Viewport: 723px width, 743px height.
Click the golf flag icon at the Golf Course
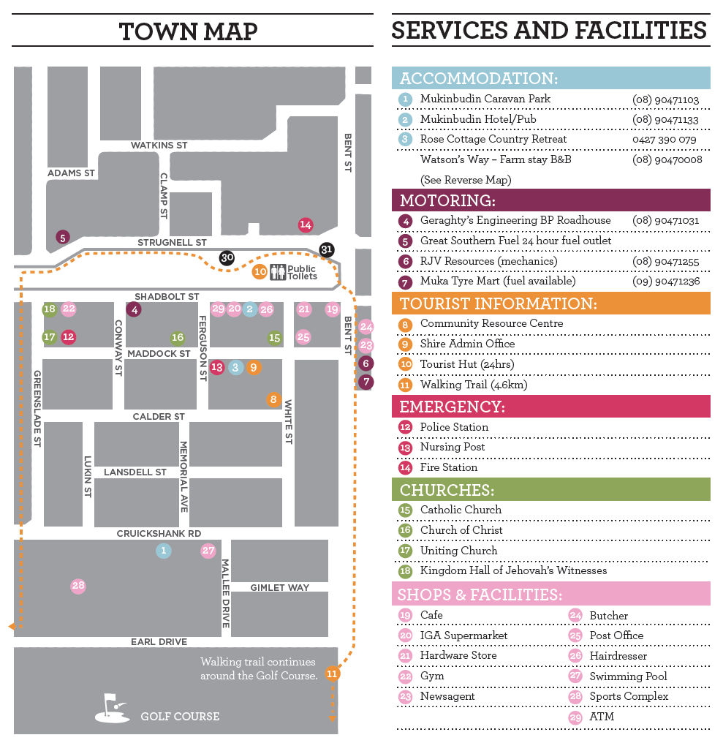112,708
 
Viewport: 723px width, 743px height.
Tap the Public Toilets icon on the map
278,272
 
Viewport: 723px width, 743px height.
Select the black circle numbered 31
327,249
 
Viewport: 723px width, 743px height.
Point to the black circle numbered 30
227,257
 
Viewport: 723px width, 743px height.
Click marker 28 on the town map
78,586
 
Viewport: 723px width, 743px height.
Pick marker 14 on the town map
306,225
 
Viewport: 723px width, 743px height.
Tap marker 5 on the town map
63,237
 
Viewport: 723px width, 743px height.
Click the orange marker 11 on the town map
333,674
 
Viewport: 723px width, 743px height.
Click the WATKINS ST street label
159,146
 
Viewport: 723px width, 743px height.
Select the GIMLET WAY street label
279,587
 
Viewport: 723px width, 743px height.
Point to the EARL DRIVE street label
159,642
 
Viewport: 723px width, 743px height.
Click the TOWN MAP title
189,31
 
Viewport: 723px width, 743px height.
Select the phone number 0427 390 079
664,139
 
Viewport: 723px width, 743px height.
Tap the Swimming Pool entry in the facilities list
628,676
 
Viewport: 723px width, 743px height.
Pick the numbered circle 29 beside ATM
575,717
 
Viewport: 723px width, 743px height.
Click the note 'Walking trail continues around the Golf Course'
258,668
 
